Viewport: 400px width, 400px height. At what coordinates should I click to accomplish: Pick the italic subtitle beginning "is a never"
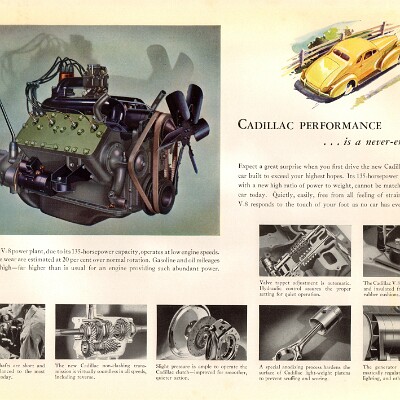[x=345, y=142]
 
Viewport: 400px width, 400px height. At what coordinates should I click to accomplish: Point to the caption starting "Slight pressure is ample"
[x=201, y=375]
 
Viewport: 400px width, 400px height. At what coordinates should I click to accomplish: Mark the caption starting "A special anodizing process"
[x=304, y=375]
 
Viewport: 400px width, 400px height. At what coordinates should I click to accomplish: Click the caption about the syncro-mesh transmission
[x=100, y=375]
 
